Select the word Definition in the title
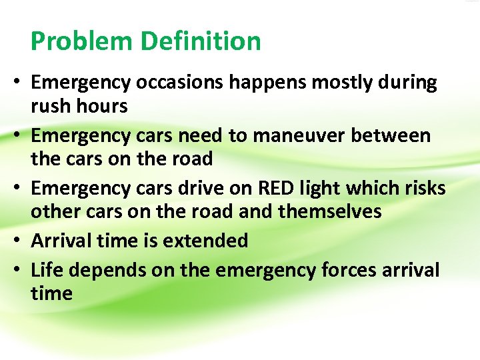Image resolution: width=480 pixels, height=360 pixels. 199,41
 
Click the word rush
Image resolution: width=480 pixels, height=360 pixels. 53,106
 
